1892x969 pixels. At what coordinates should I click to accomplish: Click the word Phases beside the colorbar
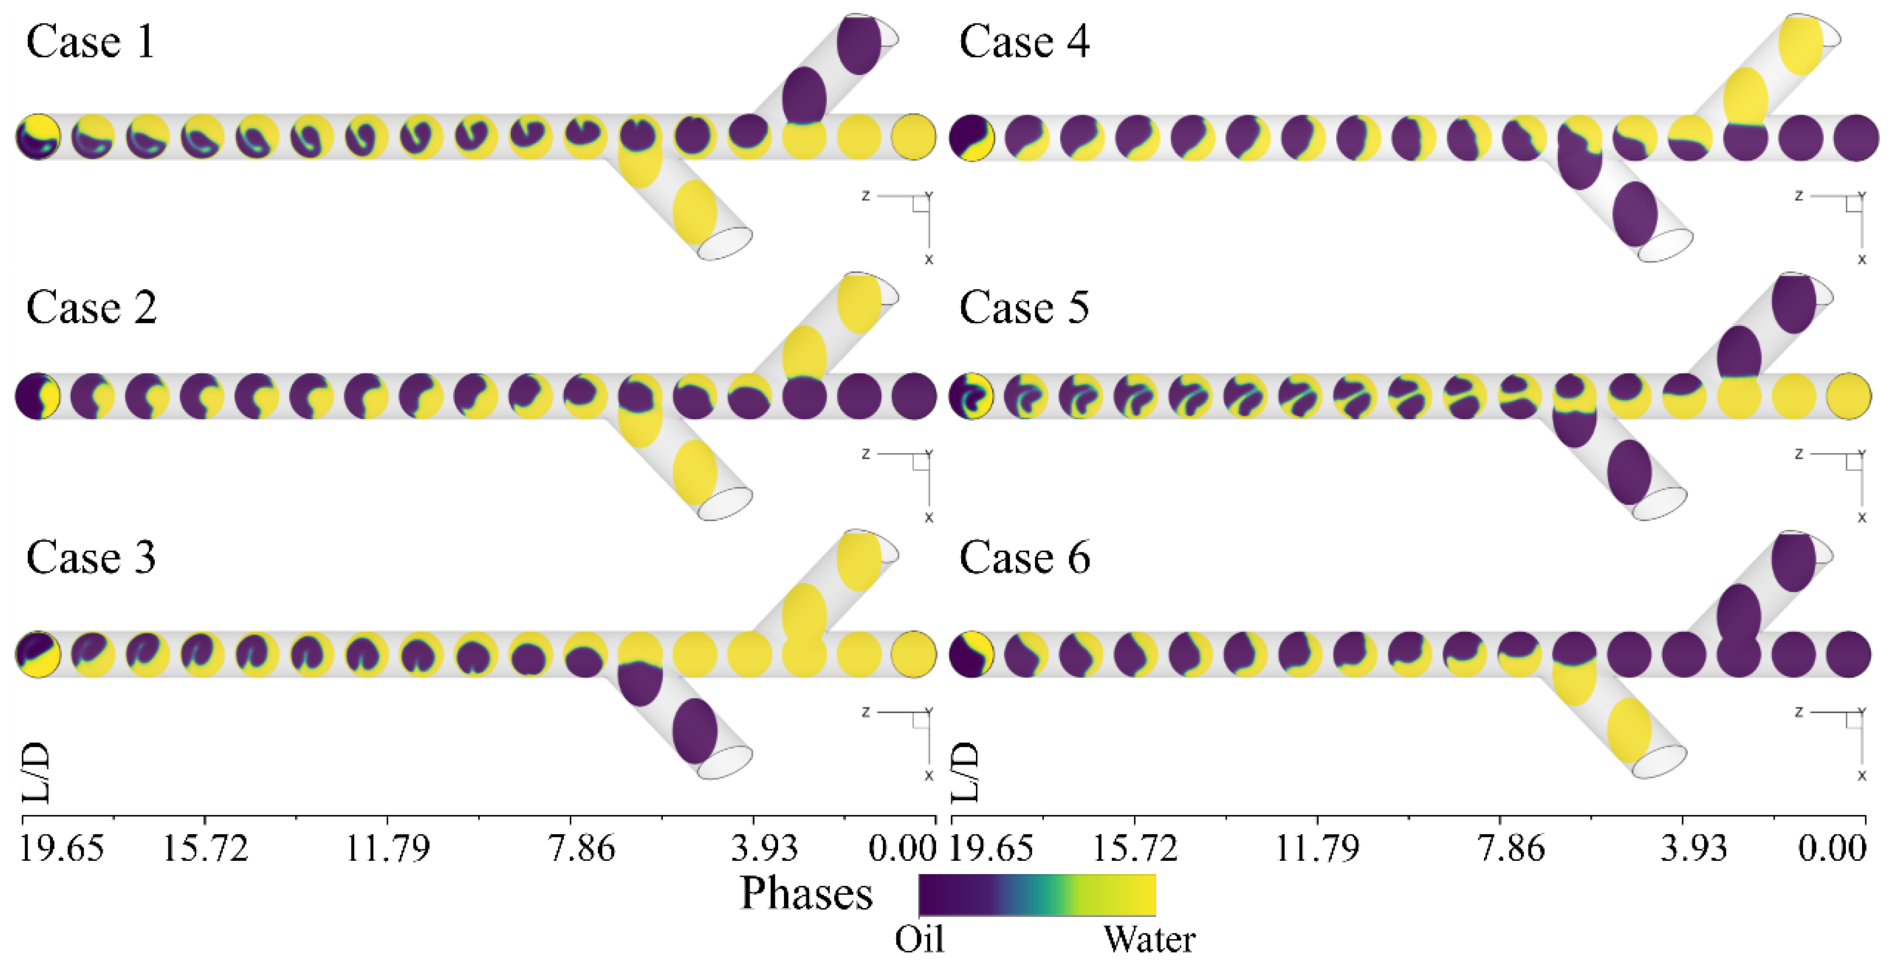(806, 893)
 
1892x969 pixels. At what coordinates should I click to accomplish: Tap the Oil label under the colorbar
(919, 940)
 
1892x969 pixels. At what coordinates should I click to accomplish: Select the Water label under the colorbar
(1149, 940)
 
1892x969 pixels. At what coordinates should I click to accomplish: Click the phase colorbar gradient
(1037, 895)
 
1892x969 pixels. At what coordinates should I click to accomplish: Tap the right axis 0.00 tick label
(1832, 848)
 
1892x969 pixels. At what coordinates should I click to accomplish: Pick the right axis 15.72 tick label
(1135, 848)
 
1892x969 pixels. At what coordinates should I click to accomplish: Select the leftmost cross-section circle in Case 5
(971, 396)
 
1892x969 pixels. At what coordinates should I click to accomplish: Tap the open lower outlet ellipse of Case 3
(724, 762)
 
